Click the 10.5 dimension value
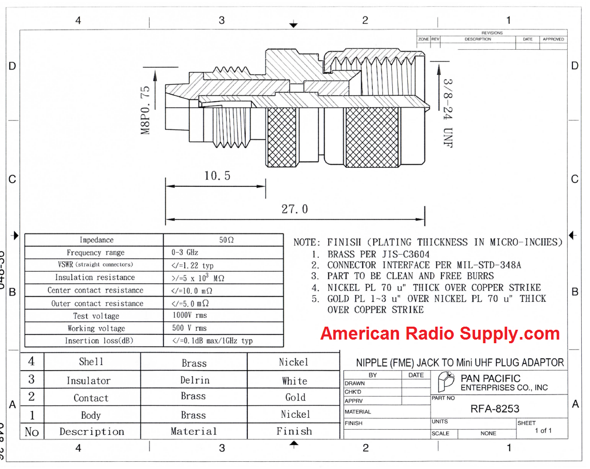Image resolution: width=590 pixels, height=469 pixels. pyautogui.click(x=217, y=176)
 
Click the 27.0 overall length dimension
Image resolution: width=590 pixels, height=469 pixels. pyautogui.click(x=294, y=209)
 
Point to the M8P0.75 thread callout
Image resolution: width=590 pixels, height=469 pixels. pyautogui.click(x=146, y=110)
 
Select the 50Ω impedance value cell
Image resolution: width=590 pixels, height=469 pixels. pyautogui.click(x=227, y=240)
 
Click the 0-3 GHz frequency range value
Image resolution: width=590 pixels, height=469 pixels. pyautogui.click(x=184, y=253)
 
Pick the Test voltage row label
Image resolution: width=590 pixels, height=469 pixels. pyautogui.click(x=96, y=316)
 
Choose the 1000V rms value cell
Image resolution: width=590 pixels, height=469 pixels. pyautogui.click(x=189, y=315)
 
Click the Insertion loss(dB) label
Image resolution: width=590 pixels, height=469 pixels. pyautogui.click(x=96, y=341)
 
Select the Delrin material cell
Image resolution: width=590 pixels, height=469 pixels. pyautogui.click(x=195, y=380)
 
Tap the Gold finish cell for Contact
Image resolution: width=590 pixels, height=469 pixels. pyautogui.click(x=295, y=398)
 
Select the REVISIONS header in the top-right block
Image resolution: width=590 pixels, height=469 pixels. pyautogui.click(x=492, y=33)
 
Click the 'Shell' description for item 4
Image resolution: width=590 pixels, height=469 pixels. pyautogui.click(x=91, y=362)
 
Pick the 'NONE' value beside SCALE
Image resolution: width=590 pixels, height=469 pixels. pyautogui.click(x=488, y=434)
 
